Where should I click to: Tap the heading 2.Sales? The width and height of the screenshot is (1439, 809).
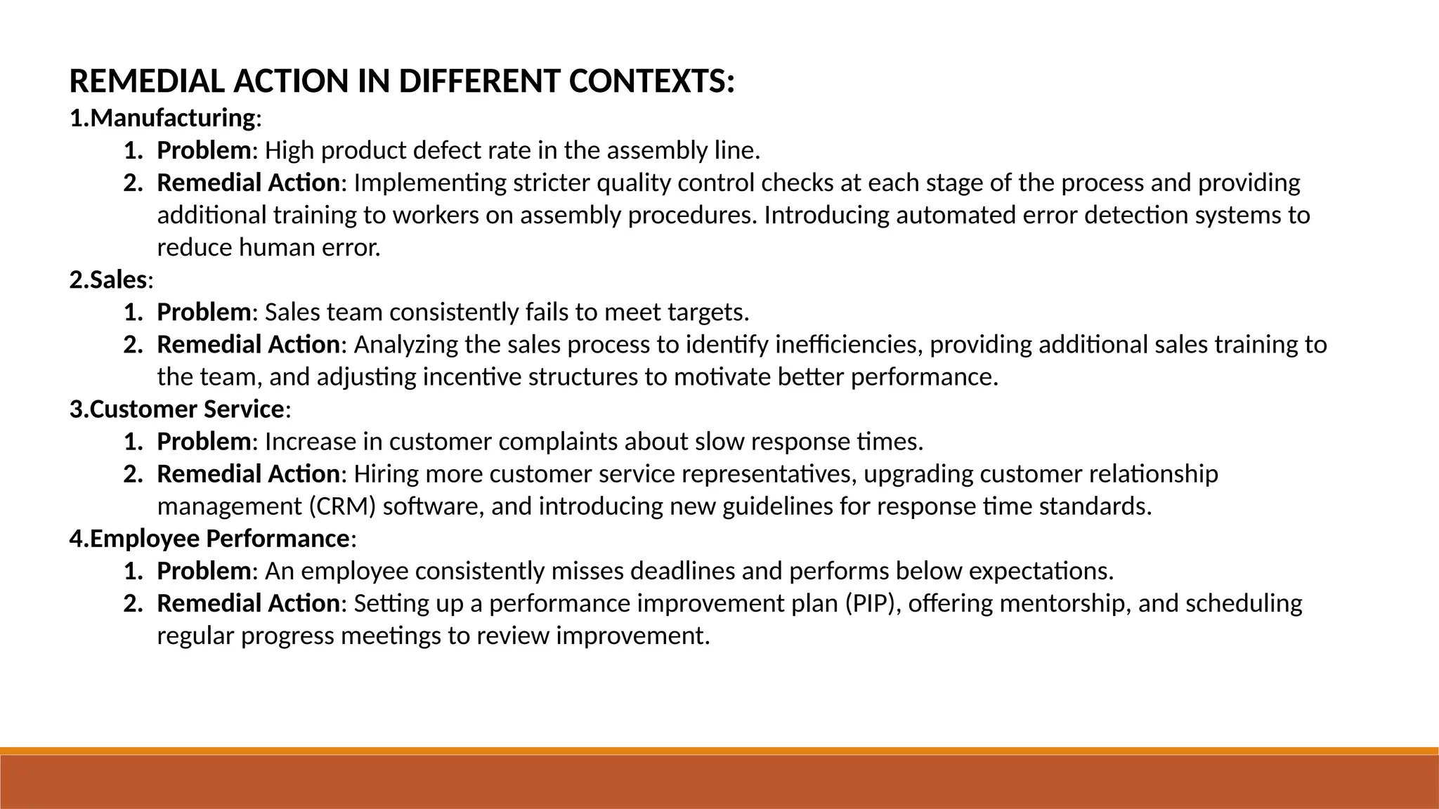109,279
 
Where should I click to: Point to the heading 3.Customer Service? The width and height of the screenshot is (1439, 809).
178,409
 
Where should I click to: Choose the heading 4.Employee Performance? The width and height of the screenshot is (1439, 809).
210,539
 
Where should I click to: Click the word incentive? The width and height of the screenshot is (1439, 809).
471,377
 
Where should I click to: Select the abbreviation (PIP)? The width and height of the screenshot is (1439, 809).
873,603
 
